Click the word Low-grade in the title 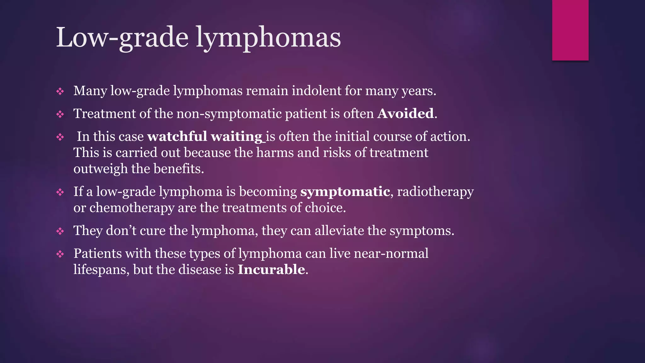click(x=122, y=38)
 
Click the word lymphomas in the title click(x=268, y=38)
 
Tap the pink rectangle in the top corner click(x=570, y=30)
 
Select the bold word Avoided click(x=406, y=114)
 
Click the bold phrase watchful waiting click(x=205, y=137)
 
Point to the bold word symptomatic click(x=345, y=192)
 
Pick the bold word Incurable click(x=271, y=270)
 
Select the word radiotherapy click(x=435, y=192)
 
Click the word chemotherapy click(x=132, y=208)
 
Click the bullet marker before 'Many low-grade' click(x=60, y=92)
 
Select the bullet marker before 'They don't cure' click(x=60, y=232)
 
